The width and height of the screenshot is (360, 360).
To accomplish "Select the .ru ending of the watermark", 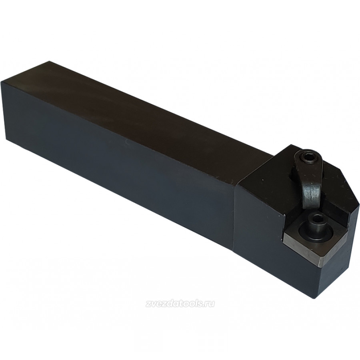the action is pyautogui.click(x=209, y=304).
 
